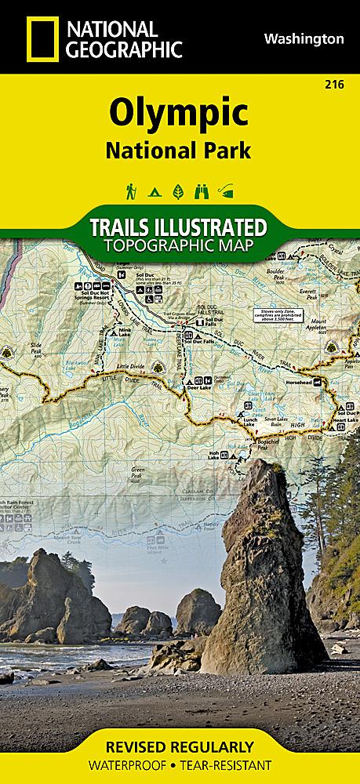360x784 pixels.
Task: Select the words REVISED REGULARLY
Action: [180, 746]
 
